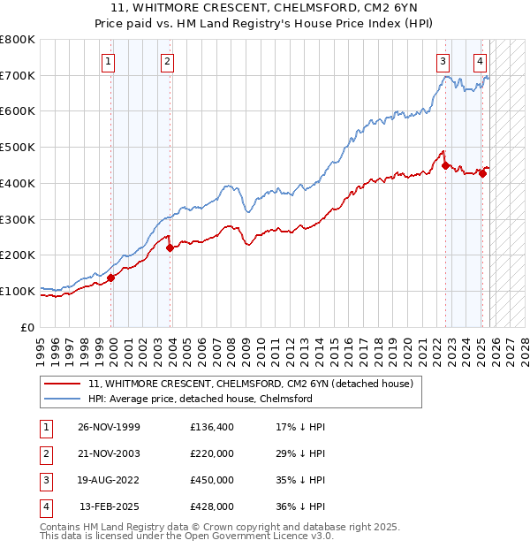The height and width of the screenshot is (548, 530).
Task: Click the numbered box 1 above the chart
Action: point(108,61)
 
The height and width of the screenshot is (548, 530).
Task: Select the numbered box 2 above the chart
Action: point(167,61)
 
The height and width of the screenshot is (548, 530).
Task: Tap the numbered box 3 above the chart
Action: point(443,61)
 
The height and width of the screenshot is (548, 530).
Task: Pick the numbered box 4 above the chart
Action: point(479,61)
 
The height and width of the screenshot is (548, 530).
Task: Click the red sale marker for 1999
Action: point(111,278)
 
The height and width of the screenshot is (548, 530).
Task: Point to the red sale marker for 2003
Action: point(170,247)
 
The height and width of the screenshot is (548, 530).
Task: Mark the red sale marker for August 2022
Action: point(445,164)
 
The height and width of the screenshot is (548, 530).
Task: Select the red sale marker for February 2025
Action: point(482,173)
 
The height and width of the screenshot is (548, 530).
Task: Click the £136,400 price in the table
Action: point(212,427)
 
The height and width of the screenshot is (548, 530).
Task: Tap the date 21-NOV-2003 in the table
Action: point(109,453)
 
